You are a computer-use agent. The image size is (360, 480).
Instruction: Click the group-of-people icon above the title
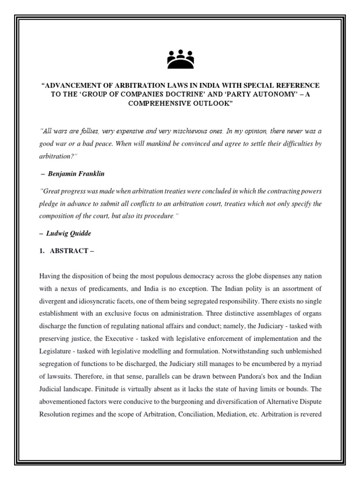click(180, 60)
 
